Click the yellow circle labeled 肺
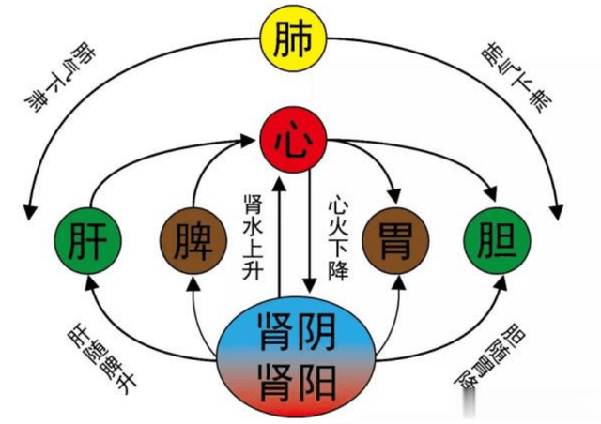click(x=293, y=38)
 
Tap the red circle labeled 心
click(x=293, y=140)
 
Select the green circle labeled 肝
click(x=88, y=241)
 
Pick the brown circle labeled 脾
click(x=193, y=241)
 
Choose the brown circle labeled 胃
click(x=395, y=241)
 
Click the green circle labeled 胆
click(x=497, y=241)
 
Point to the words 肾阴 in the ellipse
click(x=297, y=331)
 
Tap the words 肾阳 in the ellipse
click(x=297, y=382)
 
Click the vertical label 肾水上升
click(x=253, y=237)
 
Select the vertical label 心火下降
click(x=338, y=237)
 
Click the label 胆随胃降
click(x=489, y=356)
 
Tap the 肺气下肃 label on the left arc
click(x=60, y=78)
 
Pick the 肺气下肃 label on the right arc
click(x=516, y=80)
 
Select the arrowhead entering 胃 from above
click(x=394, y=196)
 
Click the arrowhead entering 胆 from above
click(x=491, y=193)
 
